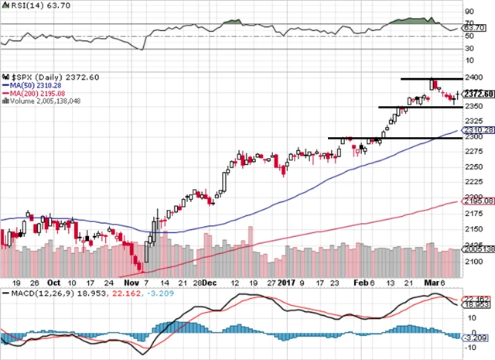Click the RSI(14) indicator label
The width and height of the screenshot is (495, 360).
point(29,5)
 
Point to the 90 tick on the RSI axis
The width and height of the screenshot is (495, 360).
point(468,12)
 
